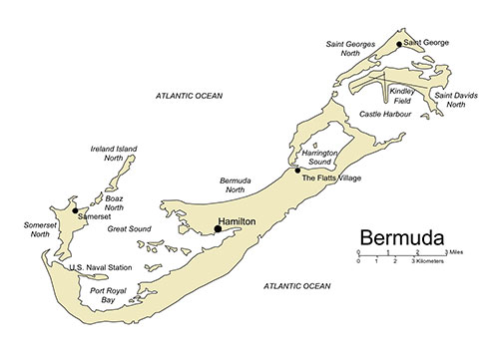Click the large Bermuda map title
(409, 239)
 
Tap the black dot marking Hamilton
(218, 229)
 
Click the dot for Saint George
(399, 44)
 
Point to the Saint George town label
(427, 44)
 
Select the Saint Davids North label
(469, 100)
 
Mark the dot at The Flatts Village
(297, 171)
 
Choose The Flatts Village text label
(331, 178)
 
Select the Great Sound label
(128, 228)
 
